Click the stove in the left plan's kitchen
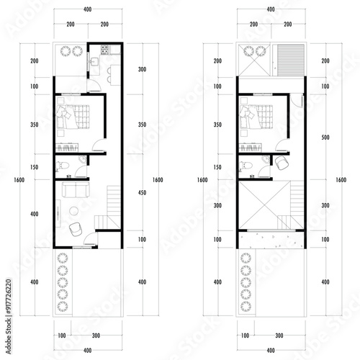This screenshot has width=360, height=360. pos(104,50)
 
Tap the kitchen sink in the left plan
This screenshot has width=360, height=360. pos(95,61)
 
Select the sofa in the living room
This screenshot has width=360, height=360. pos(76,189)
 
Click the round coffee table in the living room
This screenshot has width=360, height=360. pos(73,211)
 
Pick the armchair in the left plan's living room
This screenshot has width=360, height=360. pos(76,230)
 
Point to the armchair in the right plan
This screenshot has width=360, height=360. pos(282,163)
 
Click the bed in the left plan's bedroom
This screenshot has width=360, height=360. pos(73,117)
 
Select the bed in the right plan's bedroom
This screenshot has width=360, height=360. pos(256,117)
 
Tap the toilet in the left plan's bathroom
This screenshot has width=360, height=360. pos(63,166)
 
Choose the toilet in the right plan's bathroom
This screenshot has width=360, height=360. pos(246,166)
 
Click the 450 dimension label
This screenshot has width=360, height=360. pos(142,193)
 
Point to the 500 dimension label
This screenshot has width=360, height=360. pos(325,138)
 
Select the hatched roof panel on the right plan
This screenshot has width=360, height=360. pos(291,60)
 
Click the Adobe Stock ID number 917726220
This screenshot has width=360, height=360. pos(9,297)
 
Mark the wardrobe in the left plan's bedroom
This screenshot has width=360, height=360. pos(67,148)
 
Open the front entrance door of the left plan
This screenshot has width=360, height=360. pos(91,239)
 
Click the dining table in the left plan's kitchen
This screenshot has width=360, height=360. pos(115,75)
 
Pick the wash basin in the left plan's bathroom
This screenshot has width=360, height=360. pos(83,160)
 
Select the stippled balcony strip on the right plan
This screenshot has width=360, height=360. pos(271,240)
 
